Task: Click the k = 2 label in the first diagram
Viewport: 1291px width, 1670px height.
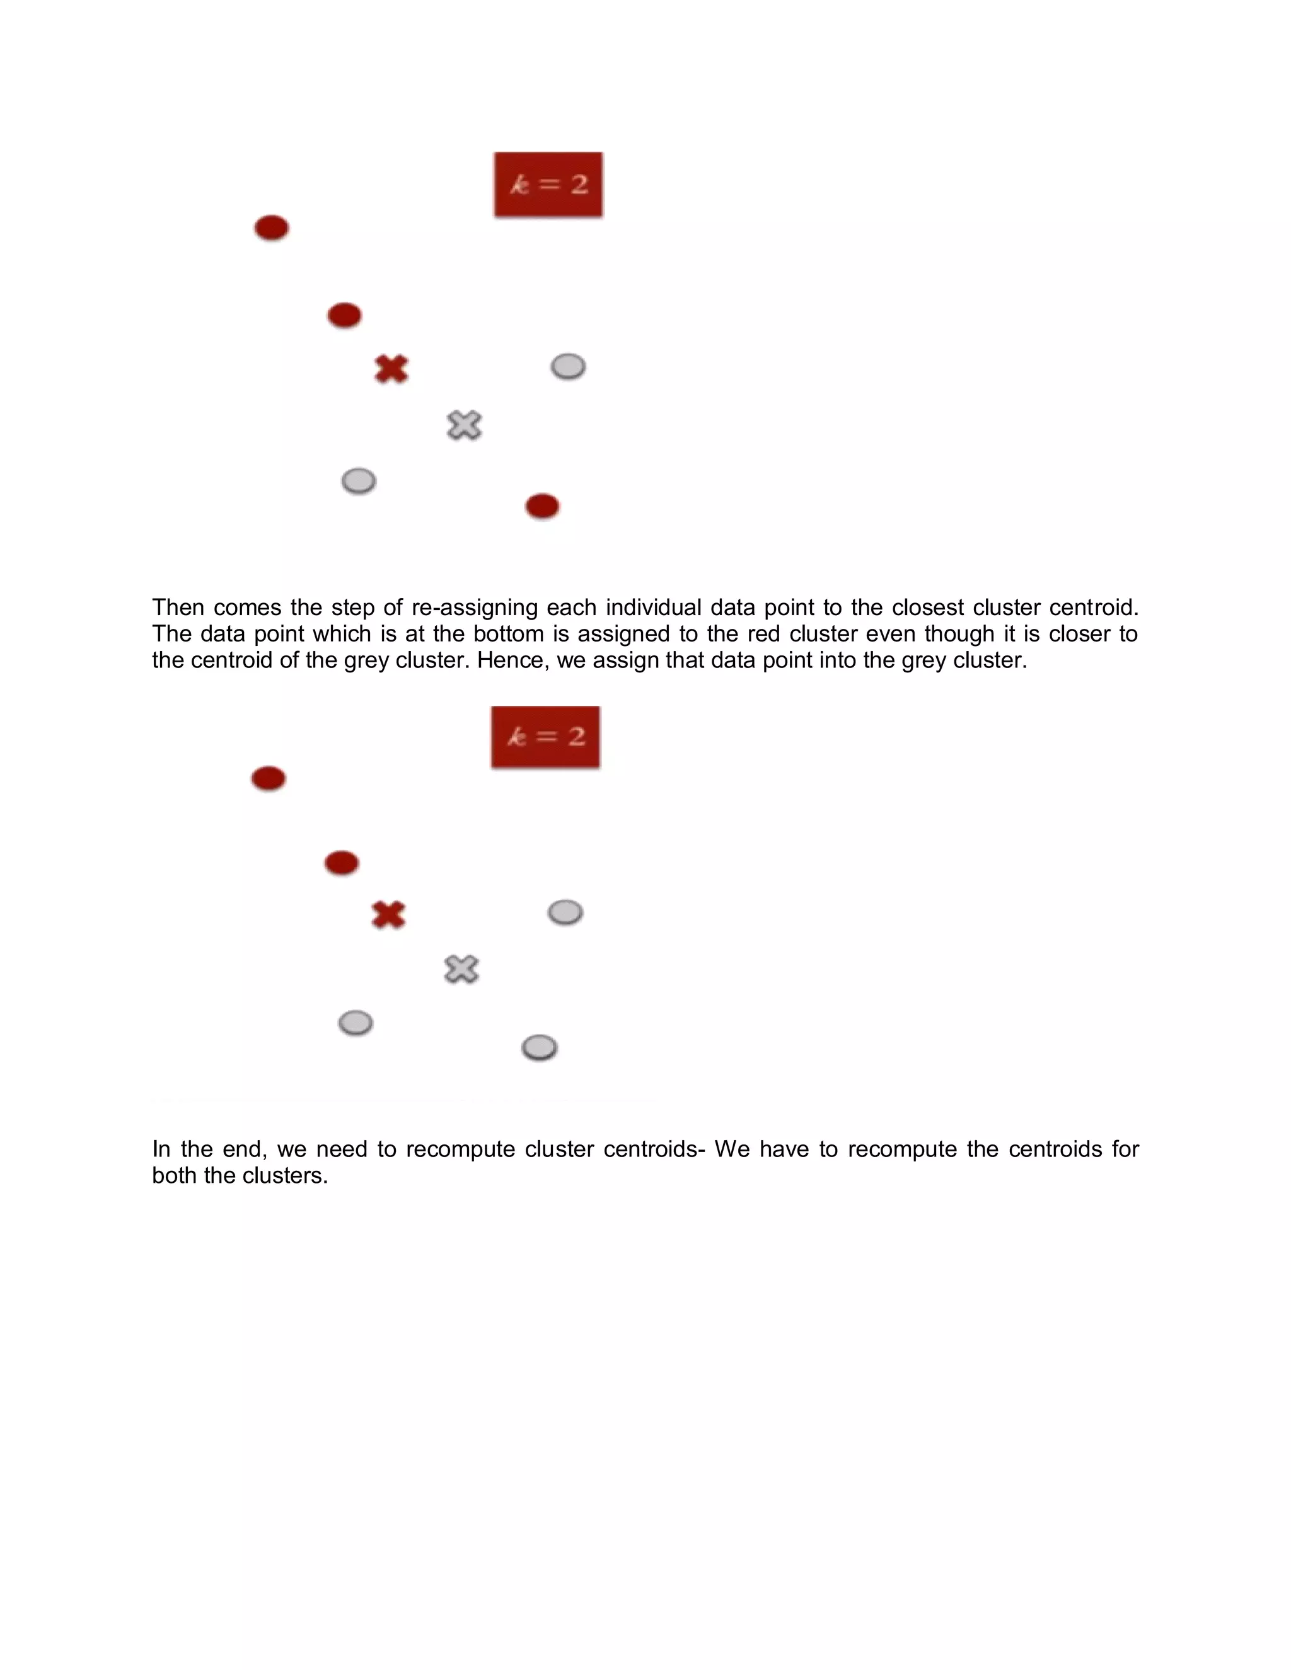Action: click(x=548, y=184)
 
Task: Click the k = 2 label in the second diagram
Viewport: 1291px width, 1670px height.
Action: click(x=545, y=736)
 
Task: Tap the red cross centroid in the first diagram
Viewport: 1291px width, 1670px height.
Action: click(x=391, y=369)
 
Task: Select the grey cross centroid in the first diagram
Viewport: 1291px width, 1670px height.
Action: click(x=464, y=425)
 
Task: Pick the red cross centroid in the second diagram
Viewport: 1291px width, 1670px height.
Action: click(x=388, y=914)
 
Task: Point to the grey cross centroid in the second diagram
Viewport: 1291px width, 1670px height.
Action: click(x=461, y=969)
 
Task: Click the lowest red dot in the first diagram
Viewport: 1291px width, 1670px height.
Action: click(x=542, y=506)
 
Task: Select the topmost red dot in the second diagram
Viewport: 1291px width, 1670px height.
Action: click(x=269, y=778)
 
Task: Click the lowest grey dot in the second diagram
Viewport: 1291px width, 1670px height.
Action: click(x=539, y=1047)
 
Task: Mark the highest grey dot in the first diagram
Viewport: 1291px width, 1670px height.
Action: click(x=568, y=367)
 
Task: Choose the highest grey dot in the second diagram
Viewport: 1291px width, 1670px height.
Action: click(x=565, y=913)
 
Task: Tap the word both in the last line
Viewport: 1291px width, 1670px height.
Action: click(x=175, y=1175)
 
